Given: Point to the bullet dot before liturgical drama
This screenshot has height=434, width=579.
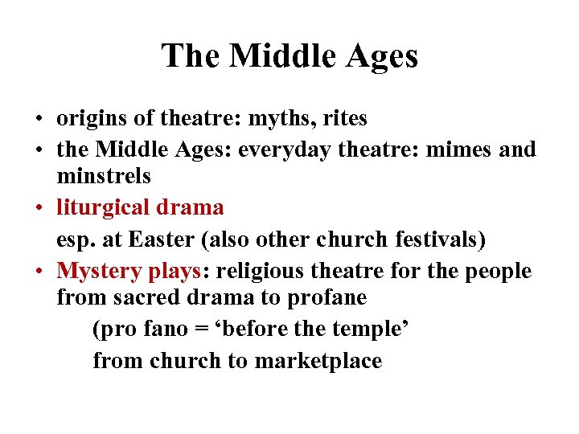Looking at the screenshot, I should click(x=39, y=208).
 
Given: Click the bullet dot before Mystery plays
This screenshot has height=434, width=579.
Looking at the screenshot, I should click(x=39, y=272).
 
